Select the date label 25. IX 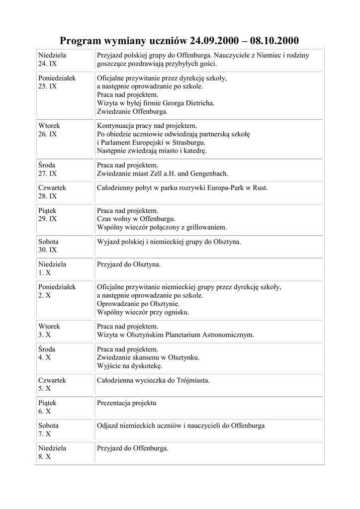(x=48, y=86)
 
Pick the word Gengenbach (x=207, y=173)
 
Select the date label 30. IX (x=48, y=250)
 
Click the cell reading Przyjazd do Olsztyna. (x=129, y=264)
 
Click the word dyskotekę (x=145, y=366)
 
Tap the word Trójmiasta (x=191, y=380)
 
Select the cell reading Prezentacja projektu (x=127, y=403)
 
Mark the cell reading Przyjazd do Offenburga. (x=133, y=448)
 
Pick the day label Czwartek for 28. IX (x=52, y=188)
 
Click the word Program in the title (x=81, y=40)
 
